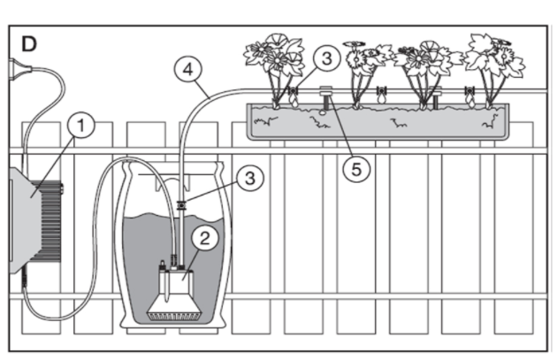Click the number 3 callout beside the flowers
pos(325,59)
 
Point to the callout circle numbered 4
pos(187,66)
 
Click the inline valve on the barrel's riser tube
pos(180,205)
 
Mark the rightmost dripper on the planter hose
pos(469,96)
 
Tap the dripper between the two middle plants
pos(382,96)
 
